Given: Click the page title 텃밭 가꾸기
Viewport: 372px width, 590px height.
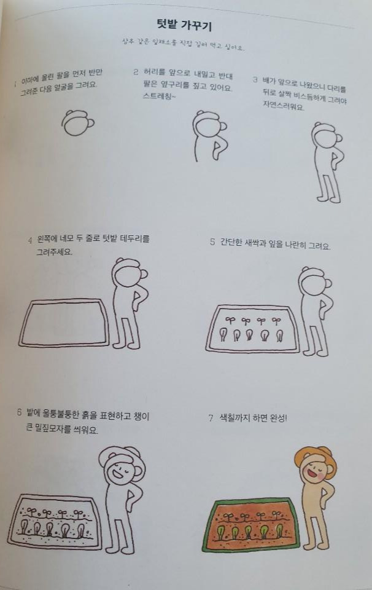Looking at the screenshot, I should point(185,25).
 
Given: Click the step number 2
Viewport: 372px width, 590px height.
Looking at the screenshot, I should point(136,72).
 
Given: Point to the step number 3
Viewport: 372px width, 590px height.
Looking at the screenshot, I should point(255,80).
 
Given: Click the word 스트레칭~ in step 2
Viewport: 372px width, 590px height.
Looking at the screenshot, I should point(158,97).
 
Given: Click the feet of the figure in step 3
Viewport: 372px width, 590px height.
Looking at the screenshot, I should point(328,199).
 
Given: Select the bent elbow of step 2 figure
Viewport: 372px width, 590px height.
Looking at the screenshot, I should point(219,146).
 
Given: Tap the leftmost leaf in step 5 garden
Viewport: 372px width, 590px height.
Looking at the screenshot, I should point(224,335).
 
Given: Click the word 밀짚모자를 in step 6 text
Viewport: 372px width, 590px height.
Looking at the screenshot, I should point(60,430).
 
